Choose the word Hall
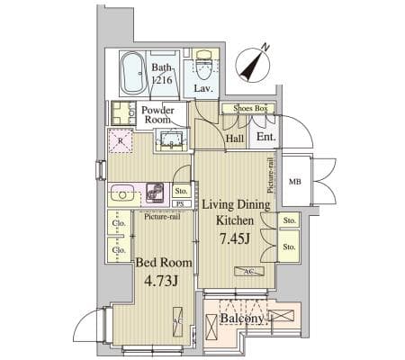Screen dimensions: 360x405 [236, 139]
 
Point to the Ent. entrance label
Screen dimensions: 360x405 [265, 138]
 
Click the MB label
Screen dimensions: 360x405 [294, 182]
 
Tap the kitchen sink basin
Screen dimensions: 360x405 [122, 193]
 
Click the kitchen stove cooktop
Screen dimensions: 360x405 [154, 193]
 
